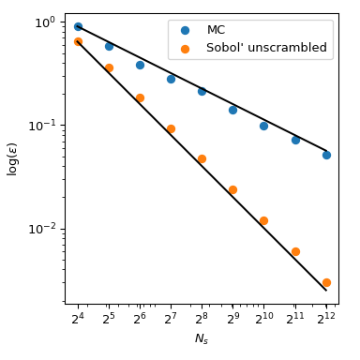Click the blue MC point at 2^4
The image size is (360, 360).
[x=78, y=26]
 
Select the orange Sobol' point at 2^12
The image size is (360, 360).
[x=326, y=282]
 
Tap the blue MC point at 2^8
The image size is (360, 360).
[x=202, y=91]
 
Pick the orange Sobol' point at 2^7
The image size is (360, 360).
[x=171, y=128]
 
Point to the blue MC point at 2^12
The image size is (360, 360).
[x=326, y=155]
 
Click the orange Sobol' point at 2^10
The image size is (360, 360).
[x=263, y=220]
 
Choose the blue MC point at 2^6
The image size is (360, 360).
[x=140, y=65]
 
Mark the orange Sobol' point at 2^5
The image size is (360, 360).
[x=109, y=67]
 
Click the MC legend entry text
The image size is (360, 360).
[x=216, y=30]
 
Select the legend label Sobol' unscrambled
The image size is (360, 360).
[x=266, y=47]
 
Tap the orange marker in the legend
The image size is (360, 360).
[x=183, y=47]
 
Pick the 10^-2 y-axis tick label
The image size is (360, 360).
[x=44, y=228]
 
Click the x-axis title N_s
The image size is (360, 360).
[x=202, y=339]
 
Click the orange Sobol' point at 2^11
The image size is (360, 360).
[x=295, y=251]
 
